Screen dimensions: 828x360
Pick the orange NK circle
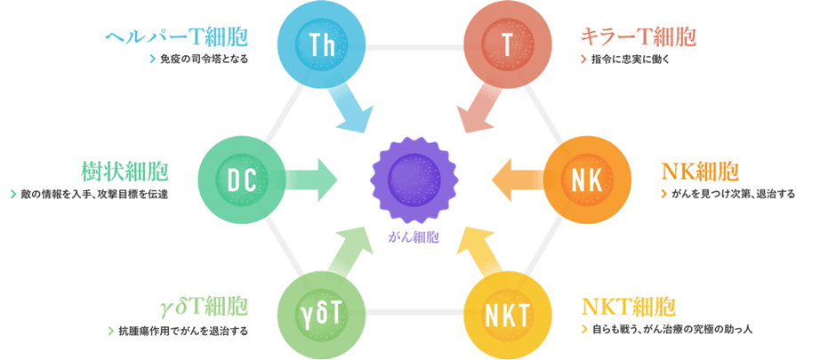pos(587,181)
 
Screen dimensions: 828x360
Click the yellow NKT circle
pos(508,314)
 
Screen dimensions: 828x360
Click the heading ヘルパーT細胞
pos(176,37)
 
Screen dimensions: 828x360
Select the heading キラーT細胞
pos(639,37)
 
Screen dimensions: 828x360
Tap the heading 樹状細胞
pos(125,172)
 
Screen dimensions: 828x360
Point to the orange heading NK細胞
pos(700,172)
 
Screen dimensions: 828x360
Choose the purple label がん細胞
pos(414,237)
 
